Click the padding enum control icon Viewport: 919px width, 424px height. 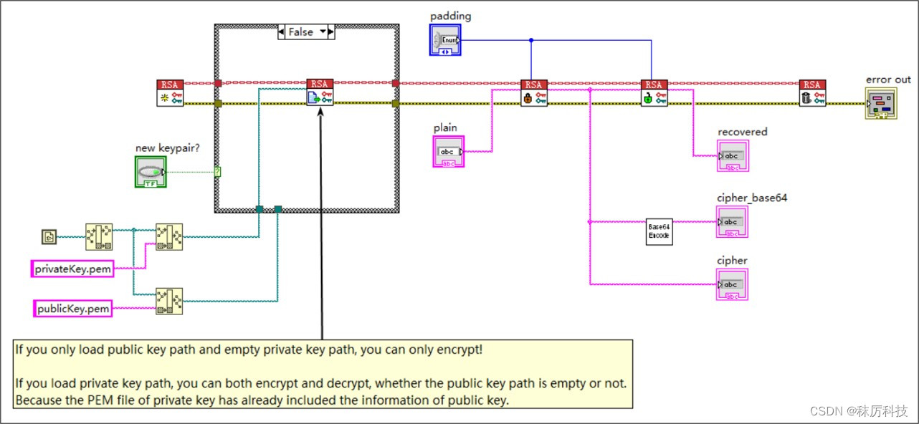click(x=445, y=40)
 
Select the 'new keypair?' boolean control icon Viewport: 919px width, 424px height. click(x=150, y=172)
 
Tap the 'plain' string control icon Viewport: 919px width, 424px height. click(x=449, y=151)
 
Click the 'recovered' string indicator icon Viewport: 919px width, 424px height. click(x=732, y=155)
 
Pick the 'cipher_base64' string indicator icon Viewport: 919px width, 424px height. click(x=732, y=221)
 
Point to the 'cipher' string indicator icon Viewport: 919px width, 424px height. click(x=732, y=284)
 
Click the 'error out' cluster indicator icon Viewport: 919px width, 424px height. click(x=880, y=103)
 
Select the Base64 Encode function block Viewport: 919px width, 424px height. click(x=659, y=231)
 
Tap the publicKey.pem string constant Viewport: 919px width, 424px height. click(x=73, y=309)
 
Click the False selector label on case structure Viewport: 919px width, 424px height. click(x=305, y=32)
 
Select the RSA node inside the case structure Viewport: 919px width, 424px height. click(x=320, y=92)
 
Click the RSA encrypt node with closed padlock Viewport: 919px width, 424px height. click(x=533, y=93)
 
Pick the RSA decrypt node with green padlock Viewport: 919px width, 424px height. click(x=654, y=93)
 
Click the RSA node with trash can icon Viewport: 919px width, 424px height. click(x=812, y=93)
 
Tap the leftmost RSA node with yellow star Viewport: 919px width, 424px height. click(x=170, y=93)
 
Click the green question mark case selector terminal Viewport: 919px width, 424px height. click(x=217, y=172)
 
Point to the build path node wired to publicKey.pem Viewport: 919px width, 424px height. click(x=169, y=301)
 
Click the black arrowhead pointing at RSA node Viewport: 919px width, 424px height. click(x=320, y=112)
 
